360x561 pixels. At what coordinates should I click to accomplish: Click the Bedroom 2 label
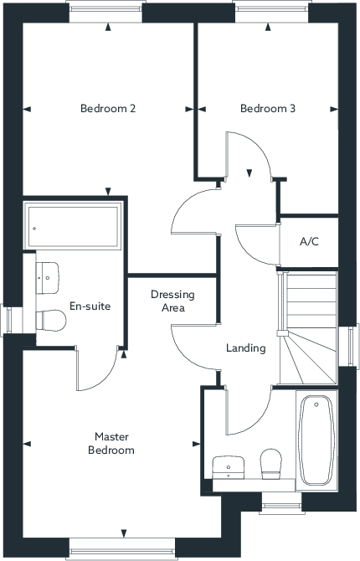pyautogui.click(x=108, y=108)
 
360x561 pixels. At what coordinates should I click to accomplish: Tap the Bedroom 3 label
pyautogui.click(x=268, y=108)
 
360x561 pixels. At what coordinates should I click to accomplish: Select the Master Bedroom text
pyautogui.click(x=111, y=443)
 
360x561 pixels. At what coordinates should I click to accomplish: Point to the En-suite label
pyautogui.click(x=90, y=306)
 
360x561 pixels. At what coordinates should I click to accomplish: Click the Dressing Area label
pyautogui.click(x=172, y=301)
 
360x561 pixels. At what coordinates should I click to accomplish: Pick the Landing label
pyautogui.click(x=246, y=348)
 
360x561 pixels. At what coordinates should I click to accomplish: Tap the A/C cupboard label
pyautogui.click(x=309, y=242)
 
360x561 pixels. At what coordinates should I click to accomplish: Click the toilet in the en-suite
pyautogui.click(x=51, y=320)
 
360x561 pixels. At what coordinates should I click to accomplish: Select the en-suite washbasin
pyautogui.click(x=47, y=278)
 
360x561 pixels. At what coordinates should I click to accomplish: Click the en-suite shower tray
pyautogui.click(x=73, y=226)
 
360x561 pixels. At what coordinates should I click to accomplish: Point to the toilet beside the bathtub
pyautogui.click(x=271, y=464)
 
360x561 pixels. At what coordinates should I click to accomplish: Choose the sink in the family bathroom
pyautogui.click(x=229, y=467)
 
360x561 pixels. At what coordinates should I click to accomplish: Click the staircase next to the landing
pyautogui.click(x=308, y=327)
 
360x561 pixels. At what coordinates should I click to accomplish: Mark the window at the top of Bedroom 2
pyautogui.click(x=106, y=12)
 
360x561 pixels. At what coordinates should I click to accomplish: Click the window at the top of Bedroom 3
pyautogui.click(x=272, y=12)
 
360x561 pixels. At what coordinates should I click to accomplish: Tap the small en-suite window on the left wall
pyautogui.click(x=12, y=320)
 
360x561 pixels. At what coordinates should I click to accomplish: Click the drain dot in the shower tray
pyautogui.click(x=34, y=229)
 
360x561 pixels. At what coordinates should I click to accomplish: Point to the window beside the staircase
pyautogui.click(x=349, y=346)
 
